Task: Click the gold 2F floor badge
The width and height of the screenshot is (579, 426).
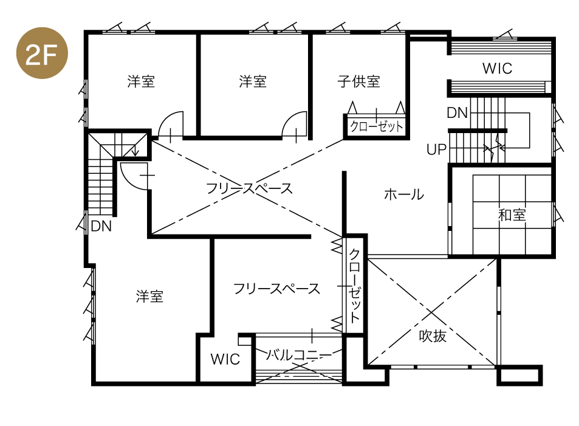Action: [42, 53]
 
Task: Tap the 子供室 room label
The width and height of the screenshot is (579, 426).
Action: [358, 81]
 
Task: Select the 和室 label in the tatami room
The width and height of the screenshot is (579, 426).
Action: [512, 215]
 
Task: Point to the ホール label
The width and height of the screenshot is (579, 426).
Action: [404, 194]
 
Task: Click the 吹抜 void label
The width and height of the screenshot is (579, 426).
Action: [433, 336]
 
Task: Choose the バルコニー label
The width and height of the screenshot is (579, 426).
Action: [299, 355]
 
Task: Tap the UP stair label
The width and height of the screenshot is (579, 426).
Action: [436, 149]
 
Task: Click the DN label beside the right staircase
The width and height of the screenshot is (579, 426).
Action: [457, 112]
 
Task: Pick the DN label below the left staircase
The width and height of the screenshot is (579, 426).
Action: [101, 225]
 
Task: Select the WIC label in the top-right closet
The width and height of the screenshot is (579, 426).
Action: [498, 68]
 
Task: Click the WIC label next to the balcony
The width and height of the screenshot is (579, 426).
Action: [225, 359]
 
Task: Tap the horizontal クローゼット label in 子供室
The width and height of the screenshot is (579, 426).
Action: [376, 127]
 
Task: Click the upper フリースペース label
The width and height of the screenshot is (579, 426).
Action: [249, 188]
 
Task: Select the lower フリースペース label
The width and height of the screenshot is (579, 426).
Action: [276, 289]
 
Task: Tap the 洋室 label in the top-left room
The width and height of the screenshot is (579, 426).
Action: [141, 81]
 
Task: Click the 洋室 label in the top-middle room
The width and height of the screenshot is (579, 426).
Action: [253, 81]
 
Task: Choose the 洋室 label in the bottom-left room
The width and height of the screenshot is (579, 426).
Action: [149, 297]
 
